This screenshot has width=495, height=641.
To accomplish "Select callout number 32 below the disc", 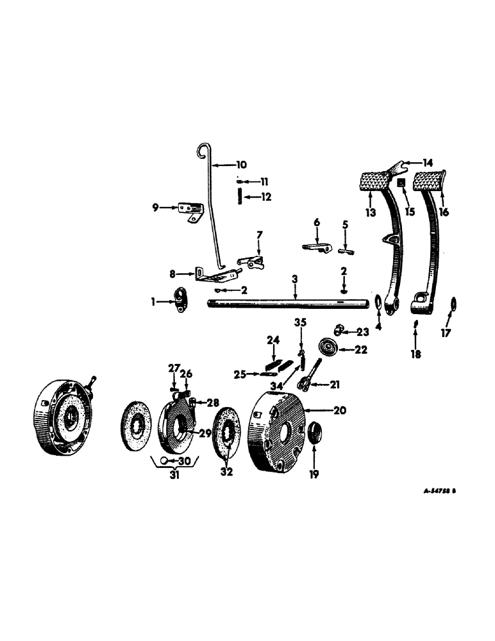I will [226, 473].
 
